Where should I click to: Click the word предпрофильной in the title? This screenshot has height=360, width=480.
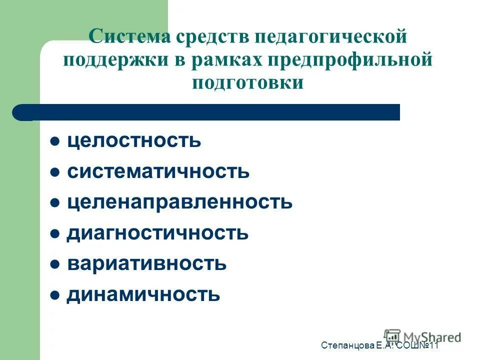tap(350, 59)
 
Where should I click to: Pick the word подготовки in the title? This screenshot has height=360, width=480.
tap(247, 82)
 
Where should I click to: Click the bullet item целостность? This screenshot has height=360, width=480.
tap(134, 141)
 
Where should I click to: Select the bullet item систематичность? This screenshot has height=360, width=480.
tap(158, 171)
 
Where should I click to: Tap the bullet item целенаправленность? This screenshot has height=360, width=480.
tap(179, 202)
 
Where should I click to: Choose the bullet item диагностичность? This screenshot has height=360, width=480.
tap(157, 232)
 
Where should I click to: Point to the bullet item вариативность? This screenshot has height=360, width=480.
tap(146, 263)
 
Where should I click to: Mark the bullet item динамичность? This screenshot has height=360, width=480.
tap(143, 294)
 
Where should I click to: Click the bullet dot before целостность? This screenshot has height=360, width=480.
tap(55, 141)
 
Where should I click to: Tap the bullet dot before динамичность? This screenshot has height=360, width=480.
tap(55, 294)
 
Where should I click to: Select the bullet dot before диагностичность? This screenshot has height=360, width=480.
tap(55, 233)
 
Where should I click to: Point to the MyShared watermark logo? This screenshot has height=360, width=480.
tap(423, 336)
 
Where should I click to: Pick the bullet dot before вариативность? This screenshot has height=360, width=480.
tap(55, 263)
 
